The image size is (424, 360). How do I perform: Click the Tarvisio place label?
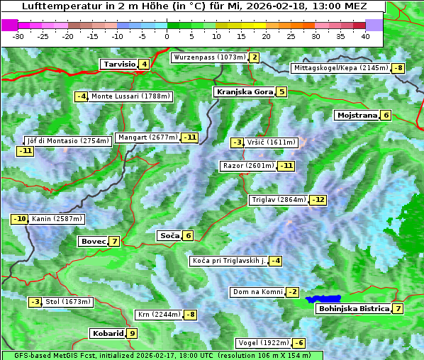pyautogui.click(x=118, y=64)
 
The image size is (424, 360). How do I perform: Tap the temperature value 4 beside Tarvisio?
pyautogui.click(x=145, y=64)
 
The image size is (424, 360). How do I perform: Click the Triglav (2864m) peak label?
pyautogui.click(x=279, y=200)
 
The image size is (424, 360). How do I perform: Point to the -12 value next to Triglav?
pyautogui.click(x=318, y=200)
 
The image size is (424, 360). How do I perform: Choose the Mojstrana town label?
pyautogui.click(x=357, y=115)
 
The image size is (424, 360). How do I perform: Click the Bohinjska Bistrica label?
pyautogui.click(x=354, y=309)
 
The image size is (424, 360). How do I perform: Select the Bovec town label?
pyautogui.click(x=93, y=242)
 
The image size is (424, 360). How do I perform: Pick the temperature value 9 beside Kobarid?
pyautogui.click(x=133, y=333)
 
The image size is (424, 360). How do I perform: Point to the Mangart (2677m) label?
pyautogui.click(x=147, y=137)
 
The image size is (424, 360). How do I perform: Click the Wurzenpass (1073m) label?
pyautogui.click(x=210, y=57)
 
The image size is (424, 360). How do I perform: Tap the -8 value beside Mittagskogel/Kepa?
pyautogui.click(x=400, y=68)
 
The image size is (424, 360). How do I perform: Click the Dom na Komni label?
pyautogui.click(x=257, y=292)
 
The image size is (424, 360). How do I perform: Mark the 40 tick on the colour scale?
pyautogui.click(x=365, y=35)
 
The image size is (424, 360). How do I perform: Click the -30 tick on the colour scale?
pyautogui.click(x=18, y=35)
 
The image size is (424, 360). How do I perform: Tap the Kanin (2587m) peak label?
pyautogui.click(x=57, y=219)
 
